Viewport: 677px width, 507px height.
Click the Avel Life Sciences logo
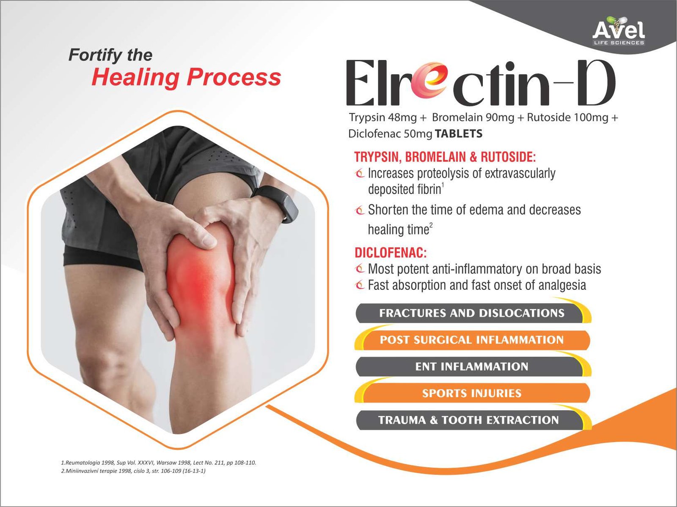619,31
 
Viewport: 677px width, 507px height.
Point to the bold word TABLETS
459,134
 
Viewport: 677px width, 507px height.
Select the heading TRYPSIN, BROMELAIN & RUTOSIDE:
445,157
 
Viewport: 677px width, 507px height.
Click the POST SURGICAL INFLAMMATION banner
472,340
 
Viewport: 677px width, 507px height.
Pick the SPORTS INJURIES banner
472,393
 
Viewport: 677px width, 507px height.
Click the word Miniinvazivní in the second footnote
83,471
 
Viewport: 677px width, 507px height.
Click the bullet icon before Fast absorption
360,285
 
